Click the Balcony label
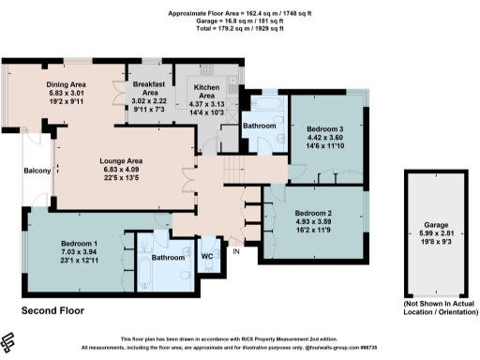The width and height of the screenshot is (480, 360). [37, 170]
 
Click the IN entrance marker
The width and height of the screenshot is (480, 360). [236, 251]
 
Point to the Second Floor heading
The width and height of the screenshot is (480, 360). [52, 309]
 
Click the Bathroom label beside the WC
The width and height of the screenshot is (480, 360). [167, 256]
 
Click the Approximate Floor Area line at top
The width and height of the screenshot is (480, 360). [239, 13]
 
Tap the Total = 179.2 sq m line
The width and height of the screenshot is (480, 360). [239, 28]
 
